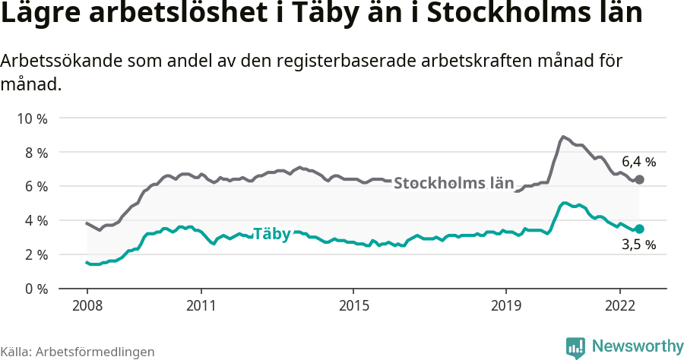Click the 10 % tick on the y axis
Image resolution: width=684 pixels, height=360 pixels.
pyautogui.click(x=31, y=118)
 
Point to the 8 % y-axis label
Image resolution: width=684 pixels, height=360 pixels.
pyautogui.click(x=34, y=153)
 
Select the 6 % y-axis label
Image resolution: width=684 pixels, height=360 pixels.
pyautogui.click(x=34, y=187)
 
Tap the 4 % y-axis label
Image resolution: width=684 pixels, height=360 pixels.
pyautogui.click(x=34, y=221)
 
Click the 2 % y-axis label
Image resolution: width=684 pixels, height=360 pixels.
pyautogui.click(x=34, y=255)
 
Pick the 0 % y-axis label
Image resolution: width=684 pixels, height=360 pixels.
pyautogui.click(x=34, y=289)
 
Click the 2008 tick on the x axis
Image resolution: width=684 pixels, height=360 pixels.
pyautogui.click(x=87, y=305)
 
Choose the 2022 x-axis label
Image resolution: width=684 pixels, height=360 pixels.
pyautogui.click(x=620, y=305)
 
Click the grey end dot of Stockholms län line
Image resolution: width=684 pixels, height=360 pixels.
pyautogui.click(x=639, y=180)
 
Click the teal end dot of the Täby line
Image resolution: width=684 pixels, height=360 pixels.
pyautogui.click(x=639, y=229)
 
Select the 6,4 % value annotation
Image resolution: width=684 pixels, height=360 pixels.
pyautogui.click(x=638, y=162)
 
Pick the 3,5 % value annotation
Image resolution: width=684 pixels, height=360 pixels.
pyautogui.click(x=638, y=245)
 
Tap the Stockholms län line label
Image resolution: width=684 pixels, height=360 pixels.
pyautogui.click(x=454, y=184)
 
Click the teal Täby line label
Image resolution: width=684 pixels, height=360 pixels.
pyautogui.click(x=271, y=234)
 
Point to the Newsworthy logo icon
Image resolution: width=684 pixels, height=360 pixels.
pyautogui.click(x=575, y=347)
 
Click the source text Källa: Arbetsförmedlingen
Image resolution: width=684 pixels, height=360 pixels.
pyautogui.click(x=78, y=352)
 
